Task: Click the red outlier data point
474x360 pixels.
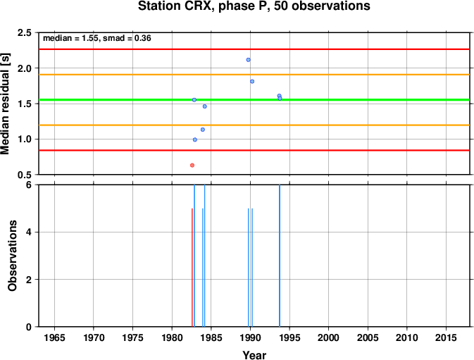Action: pos(192,166)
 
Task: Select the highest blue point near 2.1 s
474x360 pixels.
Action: pos(248,60)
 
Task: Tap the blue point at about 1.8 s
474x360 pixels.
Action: pos(252,81)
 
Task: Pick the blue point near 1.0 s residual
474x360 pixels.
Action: pos(195,139)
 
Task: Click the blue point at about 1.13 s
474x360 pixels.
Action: pos(203,130)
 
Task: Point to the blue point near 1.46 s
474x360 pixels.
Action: pos(205,106)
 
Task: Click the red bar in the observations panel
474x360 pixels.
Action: pos(192,268)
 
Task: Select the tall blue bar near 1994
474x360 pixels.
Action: pos(280,256)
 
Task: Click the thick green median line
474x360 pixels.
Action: pos(254,100)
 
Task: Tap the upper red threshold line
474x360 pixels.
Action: pos(254,49)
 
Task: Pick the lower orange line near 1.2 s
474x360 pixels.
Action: pos(254,125)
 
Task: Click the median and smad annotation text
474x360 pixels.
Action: pos(97,38)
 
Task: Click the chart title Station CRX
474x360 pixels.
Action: pos(254,6)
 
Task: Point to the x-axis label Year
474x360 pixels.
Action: pos(254,355)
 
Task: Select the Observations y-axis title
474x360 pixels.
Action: pos(12,256)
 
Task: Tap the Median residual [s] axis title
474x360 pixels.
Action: pos(5,104)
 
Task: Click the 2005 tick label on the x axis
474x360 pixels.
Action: pos(368,337)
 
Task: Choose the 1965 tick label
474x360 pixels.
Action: pos(54,337)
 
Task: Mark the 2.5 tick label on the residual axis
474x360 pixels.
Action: pos(25,32)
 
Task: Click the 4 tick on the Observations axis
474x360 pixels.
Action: pos(29,232)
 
